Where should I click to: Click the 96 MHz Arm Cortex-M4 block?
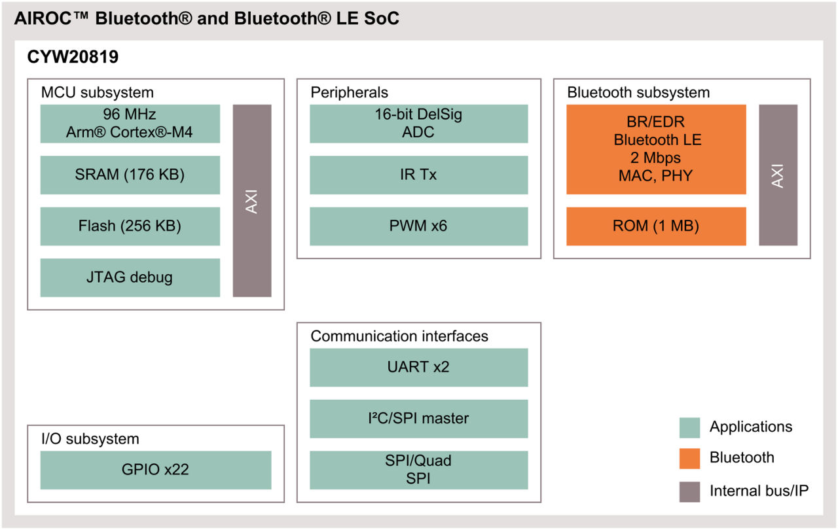coord(130,124)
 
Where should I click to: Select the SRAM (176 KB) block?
coord(130,175)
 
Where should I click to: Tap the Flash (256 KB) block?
coord(130,226)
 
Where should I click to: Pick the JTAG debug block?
coord(130,277)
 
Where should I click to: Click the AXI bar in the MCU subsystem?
coord(252,201)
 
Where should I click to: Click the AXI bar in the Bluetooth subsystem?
coord(778,175)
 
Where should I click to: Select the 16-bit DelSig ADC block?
coord(418,124)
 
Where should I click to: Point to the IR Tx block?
coord(418,175)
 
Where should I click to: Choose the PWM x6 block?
coord(418,226)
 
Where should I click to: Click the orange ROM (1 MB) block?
coord(655,226)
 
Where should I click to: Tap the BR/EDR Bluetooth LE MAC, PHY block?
coord(655,149)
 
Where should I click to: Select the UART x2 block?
coord(418,367)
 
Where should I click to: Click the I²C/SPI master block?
coord(418,419)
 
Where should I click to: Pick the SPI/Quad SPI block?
coord(418,470)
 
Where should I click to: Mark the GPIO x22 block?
coord(156,470)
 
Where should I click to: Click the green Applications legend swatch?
coord(689,428)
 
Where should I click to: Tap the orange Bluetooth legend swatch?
coord(689,459)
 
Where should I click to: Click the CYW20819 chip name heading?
coord(73,58)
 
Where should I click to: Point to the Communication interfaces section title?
coord(399,336)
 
